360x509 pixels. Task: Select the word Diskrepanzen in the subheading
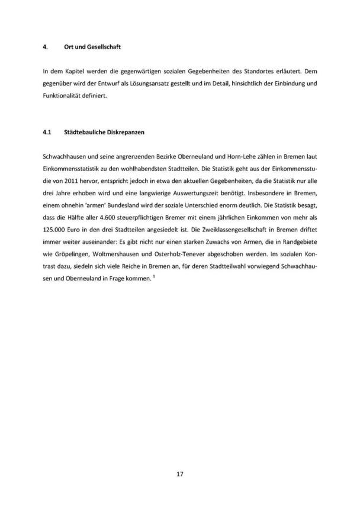pos(122,134)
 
